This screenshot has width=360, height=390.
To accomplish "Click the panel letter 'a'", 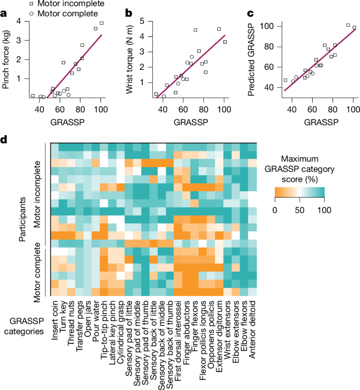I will pyautogui.click(x=4, y=10).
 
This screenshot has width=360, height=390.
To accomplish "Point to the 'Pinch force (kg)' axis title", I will pyautogui.click(x=7, y=59).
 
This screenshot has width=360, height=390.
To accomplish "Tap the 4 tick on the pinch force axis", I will pyautogui.click(x=19, y=21).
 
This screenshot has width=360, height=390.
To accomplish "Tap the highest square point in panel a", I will pyautogui.click(x=101, y=23).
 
